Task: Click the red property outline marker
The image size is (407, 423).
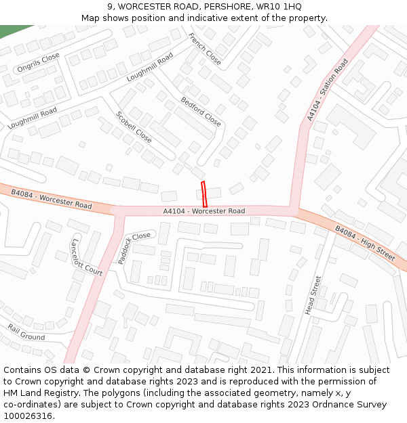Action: [203, 194]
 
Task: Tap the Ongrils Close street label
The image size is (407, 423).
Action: [39, 62]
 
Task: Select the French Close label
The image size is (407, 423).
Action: [204, 49]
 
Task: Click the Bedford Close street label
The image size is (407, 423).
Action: [201, 112]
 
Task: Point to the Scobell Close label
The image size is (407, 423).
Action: [134, 127]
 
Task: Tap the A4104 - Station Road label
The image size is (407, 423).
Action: [327, 90]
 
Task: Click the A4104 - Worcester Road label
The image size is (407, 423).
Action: [203, 211]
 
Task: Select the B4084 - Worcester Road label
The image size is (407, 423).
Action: [51, 199]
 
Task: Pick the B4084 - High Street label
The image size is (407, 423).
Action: [365, 244]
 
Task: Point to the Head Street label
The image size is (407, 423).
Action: [313, 294]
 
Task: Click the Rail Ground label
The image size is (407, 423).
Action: [26, 332]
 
